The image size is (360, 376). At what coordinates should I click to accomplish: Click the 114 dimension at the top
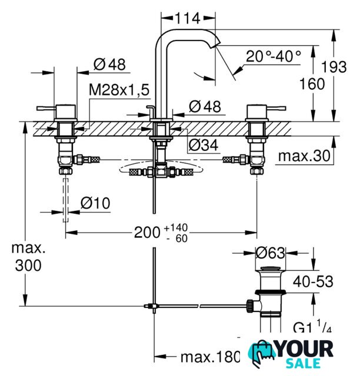[188, 18]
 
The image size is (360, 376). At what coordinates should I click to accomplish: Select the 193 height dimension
[334, 66]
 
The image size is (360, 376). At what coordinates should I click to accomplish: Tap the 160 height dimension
[312, 84]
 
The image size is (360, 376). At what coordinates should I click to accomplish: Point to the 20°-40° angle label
[274, 56]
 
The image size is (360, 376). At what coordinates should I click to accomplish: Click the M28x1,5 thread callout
[119, 90]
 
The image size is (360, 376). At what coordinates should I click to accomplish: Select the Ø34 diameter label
[204, 145]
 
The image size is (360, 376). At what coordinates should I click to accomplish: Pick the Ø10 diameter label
[95, 203]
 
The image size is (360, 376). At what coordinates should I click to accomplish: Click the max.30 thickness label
[304, 156]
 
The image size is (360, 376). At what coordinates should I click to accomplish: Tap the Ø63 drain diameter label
[271, 253]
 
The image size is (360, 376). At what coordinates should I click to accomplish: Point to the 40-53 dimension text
[313, 281]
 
